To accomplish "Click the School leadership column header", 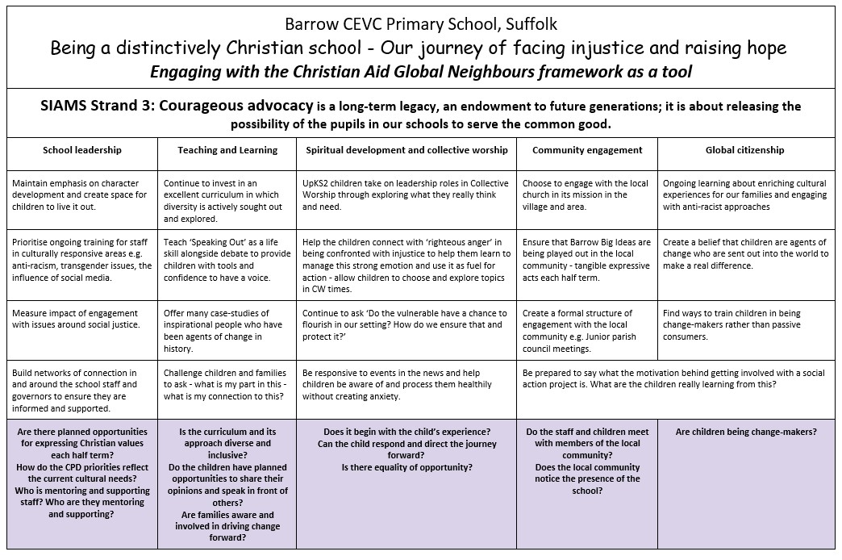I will tap(81, 150).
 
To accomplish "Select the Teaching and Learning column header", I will tap(227, 150).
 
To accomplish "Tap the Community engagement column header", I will tap(587, 150).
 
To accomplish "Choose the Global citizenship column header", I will tap(744, 150).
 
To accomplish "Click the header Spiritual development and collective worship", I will tap(406, 150).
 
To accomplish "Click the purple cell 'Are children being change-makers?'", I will tap(746, 432).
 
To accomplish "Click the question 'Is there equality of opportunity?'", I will tap(406, 467).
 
